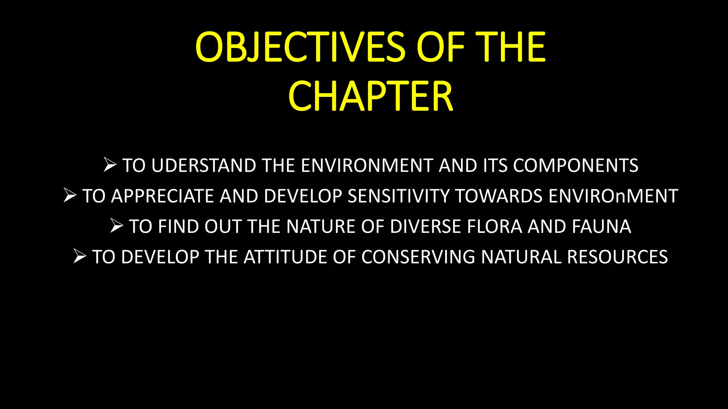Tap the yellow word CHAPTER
[x=370, y=96]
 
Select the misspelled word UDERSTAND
[x=204, y=165]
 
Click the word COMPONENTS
[x=576, y=165]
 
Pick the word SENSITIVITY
[x=398, y=196]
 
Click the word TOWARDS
[x=499, y=196]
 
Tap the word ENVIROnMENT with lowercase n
[x=613, y=196]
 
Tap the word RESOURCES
[x=617, y=257]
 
